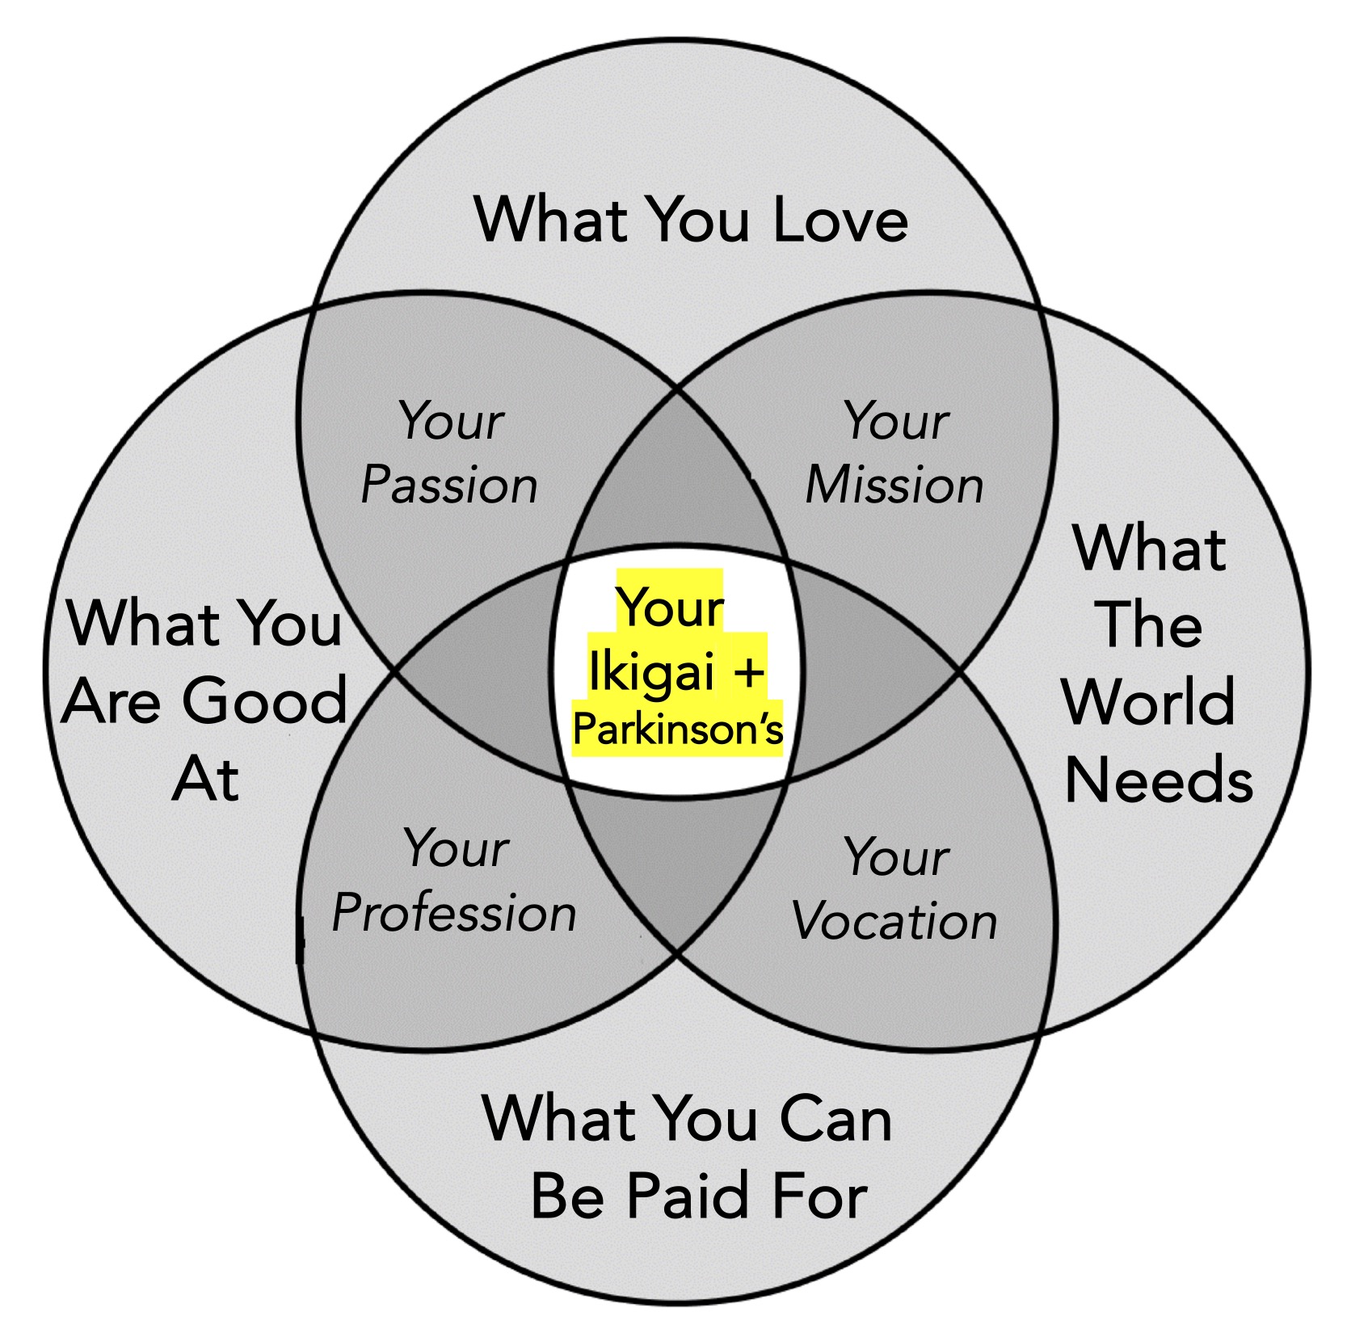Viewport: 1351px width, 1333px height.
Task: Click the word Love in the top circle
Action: [x=840, y=220]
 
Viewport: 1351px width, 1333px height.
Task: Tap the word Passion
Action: [x=449, y=486]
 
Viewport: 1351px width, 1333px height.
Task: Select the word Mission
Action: [x=894, y=486]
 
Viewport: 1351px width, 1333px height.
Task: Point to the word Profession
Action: [x=454, y=914]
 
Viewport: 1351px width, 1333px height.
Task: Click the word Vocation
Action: [x=894, y=921]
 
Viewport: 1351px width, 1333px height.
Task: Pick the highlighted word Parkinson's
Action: [x=677, y=730]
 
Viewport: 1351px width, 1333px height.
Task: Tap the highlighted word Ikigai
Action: [x=643, y=671]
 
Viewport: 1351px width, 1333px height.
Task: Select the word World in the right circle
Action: [x=1148, y=701]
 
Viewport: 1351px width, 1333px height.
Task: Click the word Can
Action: [x=835, y=1119]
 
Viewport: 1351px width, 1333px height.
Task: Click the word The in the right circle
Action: [x=1151, y=624]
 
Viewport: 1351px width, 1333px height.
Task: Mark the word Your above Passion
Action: [x=451, y=422]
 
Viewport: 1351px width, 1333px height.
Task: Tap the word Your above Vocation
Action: [x=895, y=857]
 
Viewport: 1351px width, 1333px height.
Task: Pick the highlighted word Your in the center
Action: [x=670, y=608]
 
